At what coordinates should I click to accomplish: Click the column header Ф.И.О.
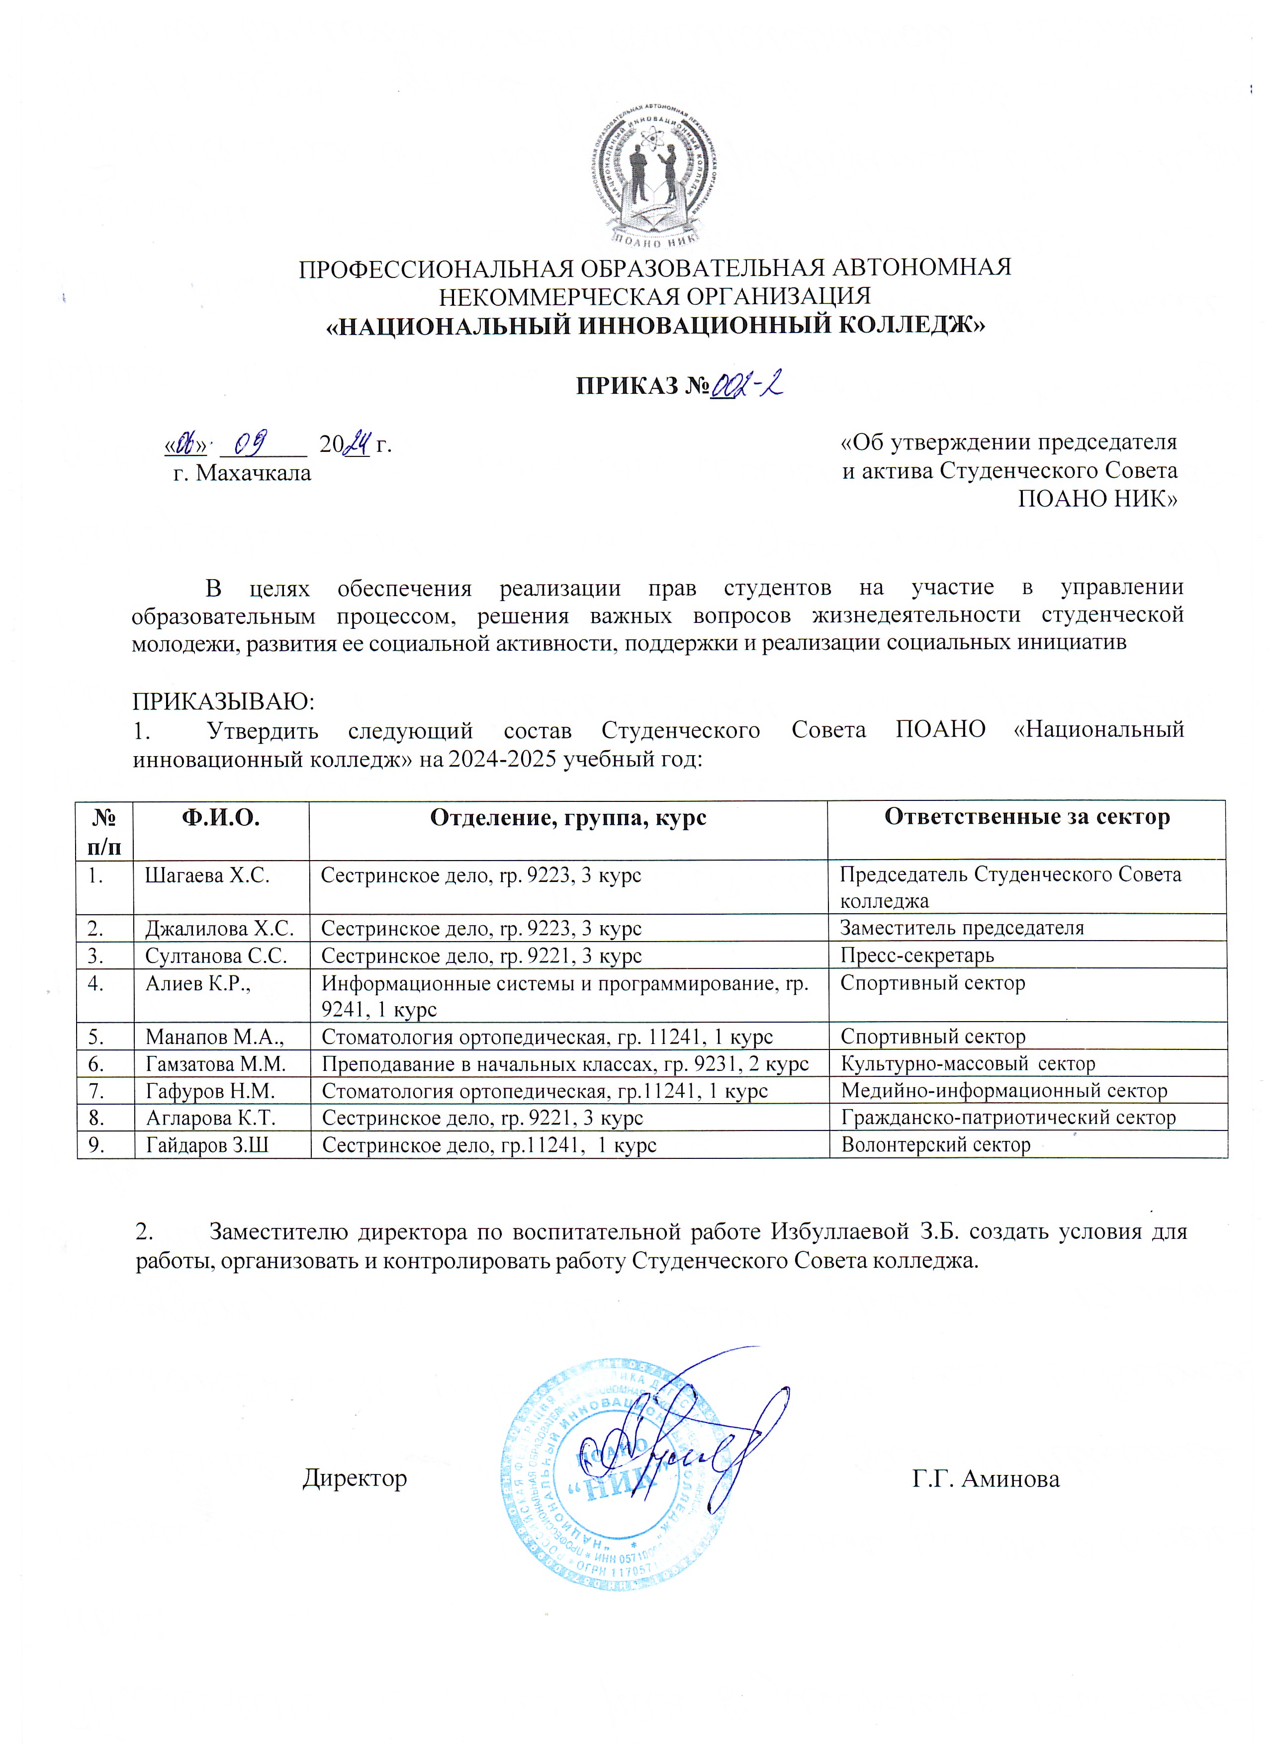(x=220, y=817)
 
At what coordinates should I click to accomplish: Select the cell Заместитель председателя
(x=961, y=928)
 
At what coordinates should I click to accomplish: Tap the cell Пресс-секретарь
(x=917, y=956)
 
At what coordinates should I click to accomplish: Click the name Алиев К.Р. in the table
(x=197, y=983)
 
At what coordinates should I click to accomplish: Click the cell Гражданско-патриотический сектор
(x=1007, y=1118)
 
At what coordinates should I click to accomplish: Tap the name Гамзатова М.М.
(x=215, y=1064)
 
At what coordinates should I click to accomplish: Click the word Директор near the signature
(x=355, y=1479)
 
